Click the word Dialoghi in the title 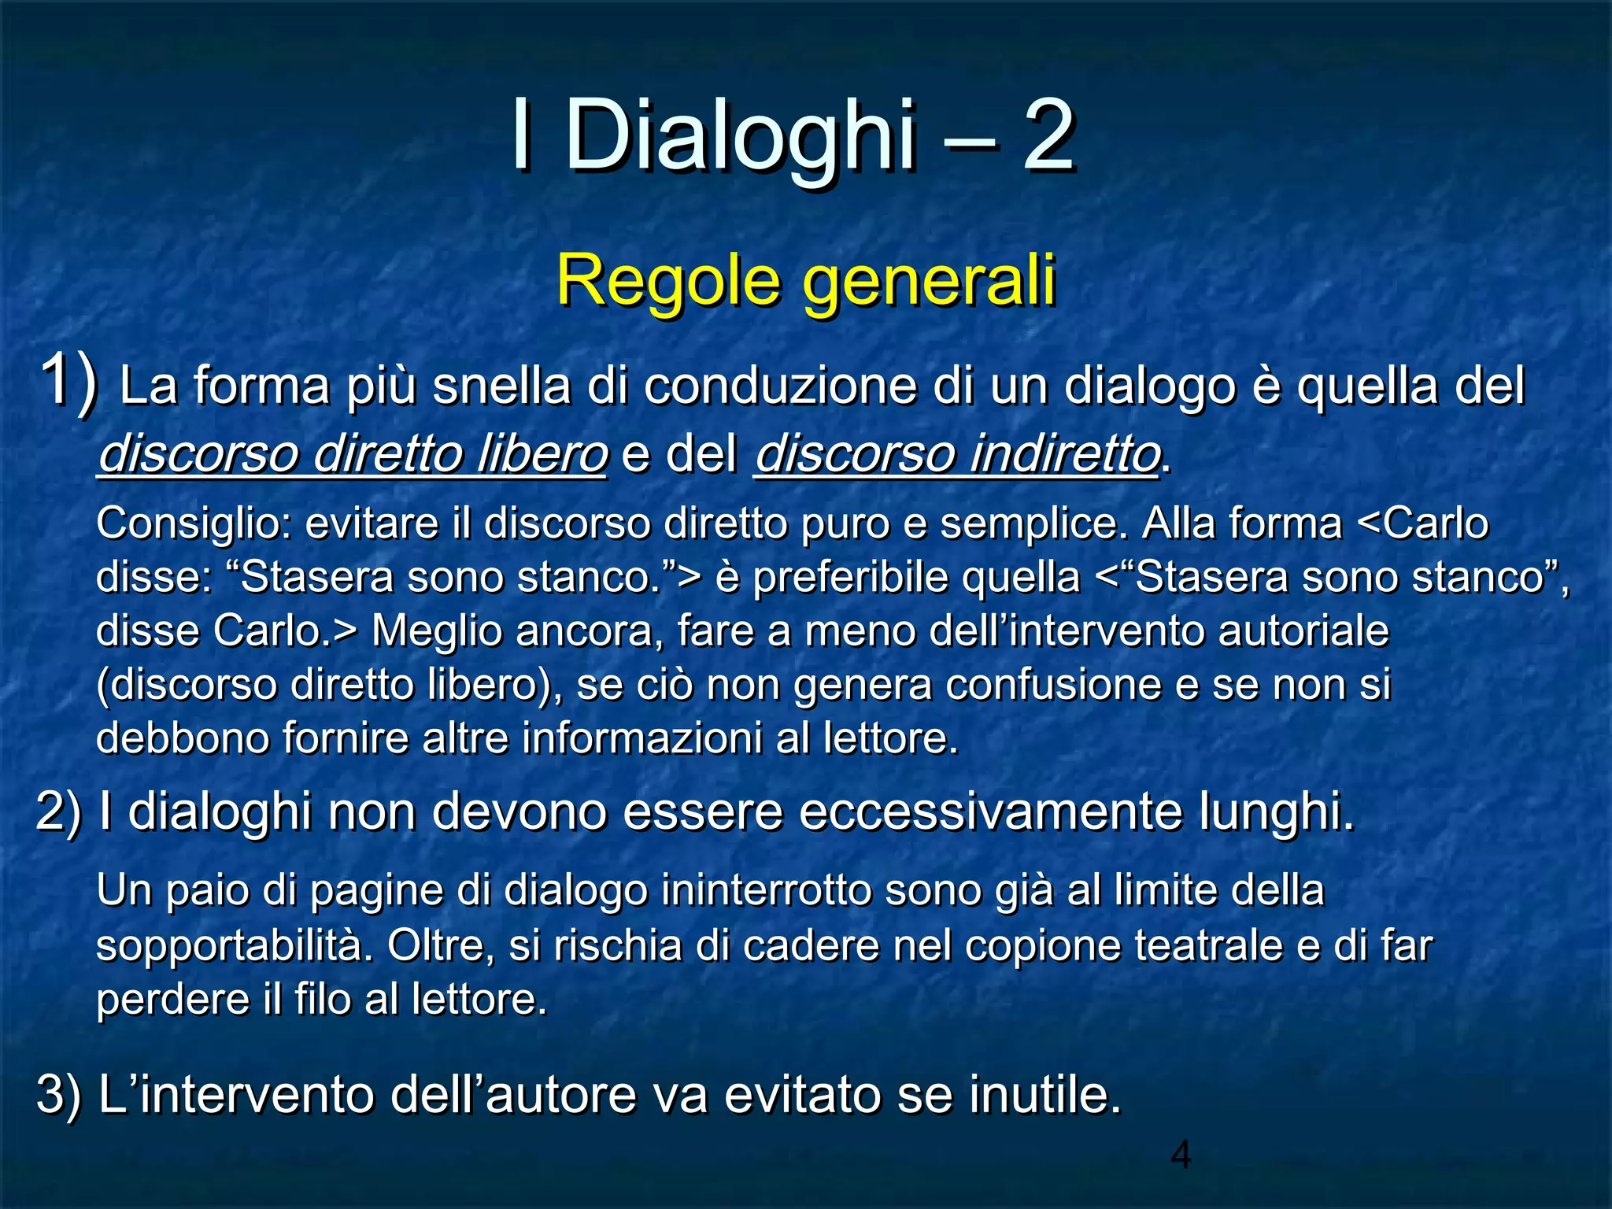pyautogui.click(x=740, y=135)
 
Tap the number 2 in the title pyautogui.click(x=1048, y=135)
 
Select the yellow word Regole pyautogui.click(x=668, y=281)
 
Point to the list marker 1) pyautogui.click(x=69, y=382)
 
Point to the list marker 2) pyautogui.click(x=59, y=812)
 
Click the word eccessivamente pyautogui.click(x=990, y=812)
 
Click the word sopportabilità pyautogui.click(x=235, y=945)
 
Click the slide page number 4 pyautogui.click(x=1181, y=1155)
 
